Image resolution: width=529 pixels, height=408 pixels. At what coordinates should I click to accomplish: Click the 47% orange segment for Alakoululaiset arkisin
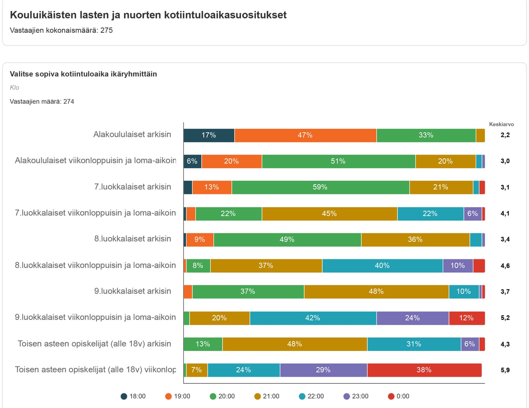pyautogui.click(x=305, y=135)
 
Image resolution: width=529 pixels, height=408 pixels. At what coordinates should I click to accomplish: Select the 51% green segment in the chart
pyautogui.click(x=338, y=161)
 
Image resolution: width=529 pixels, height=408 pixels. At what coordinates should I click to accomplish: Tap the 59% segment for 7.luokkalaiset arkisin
pyautogui.click(x=320, y=187)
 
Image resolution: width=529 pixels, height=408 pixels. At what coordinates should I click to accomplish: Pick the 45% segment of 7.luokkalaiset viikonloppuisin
pyautogui.click(x=329, y=214)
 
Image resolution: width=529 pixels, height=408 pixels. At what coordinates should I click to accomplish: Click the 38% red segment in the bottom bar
pyautogui.click(x=424, y=370)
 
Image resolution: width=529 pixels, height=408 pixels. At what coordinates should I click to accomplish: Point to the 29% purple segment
pyautogui.click(x=323, y=370)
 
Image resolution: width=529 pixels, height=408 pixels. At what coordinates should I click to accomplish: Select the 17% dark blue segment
pyautogui.click(x=209, y=135)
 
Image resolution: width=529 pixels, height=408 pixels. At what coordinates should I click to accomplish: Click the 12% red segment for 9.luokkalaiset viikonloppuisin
pyautogui.click(x=466, y=318)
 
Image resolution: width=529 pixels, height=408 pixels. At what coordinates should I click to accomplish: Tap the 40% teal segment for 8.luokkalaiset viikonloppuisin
pyautogui.click(x=382, y=266)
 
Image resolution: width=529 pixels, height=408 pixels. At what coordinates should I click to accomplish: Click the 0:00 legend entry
pyautogui.click(x=398, y=396)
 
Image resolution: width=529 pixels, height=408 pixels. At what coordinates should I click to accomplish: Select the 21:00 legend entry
pyautogui.click(x=267, y=396)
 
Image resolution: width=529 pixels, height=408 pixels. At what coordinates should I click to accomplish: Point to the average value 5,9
pyautogui.click(x=505, y=370)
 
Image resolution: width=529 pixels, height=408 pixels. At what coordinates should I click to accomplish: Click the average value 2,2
pyautogui.click(x=505, y=135)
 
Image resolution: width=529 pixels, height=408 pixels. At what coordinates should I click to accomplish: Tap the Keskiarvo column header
pyautogui.click(x=501, y=124)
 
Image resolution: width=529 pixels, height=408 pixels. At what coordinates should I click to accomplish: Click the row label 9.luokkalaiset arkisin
pyautogui.click(x=132, y=291)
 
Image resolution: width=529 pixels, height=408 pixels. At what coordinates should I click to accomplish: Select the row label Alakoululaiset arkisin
pyautogui.click(x=132, y=134)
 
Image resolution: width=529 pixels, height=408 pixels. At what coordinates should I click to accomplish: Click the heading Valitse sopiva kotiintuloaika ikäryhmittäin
pyautogui.click(x=83, y=74)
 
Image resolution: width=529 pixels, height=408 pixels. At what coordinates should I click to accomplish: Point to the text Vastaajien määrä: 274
pyautogui.click(x=42, y=102)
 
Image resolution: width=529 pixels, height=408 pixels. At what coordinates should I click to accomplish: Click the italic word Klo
pyautogui.click(x=14, y=88)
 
